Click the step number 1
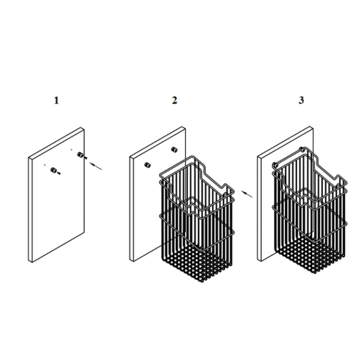point(56,101)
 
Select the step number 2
point(174,100)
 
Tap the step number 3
point(301,100)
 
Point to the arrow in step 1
point(96,166)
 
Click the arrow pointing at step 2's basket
point(246,194)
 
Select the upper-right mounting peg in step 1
point(80,154)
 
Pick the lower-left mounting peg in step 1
point(53,170)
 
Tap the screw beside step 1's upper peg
point(86,158)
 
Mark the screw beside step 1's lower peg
point(59,173)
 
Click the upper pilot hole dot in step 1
point(71,150)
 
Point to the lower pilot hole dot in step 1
point(45,165)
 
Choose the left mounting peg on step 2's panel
point(147,165)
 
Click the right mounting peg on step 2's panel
point(174,150)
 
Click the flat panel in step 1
point(56,195)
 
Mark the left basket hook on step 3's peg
point(275,165)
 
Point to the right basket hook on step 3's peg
point(302,150)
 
